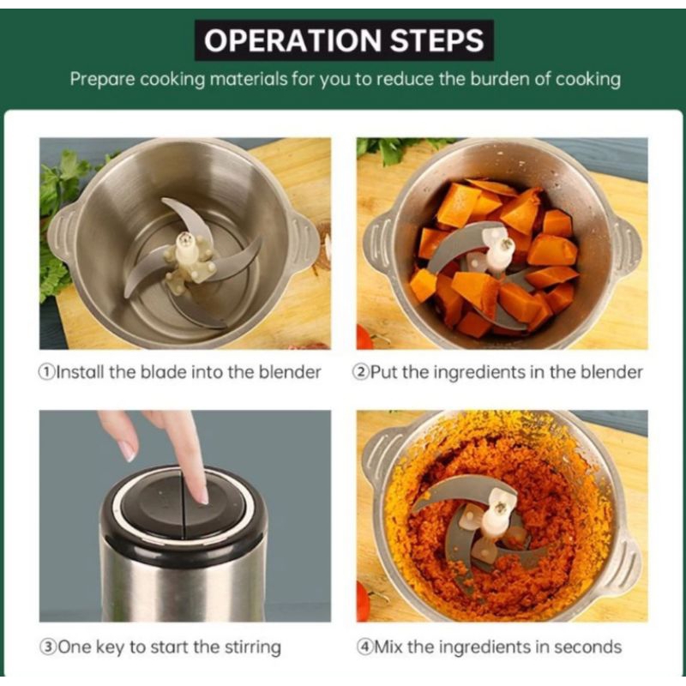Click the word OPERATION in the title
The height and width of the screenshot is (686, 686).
[x=292, y=40]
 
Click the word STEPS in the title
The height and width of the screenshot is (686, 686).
[x=436, y=40]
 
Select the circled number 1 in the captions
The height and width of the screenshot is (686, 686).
[x=47, y=372]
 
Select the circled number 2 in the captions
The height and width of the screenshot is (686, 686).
[x=360, y=372]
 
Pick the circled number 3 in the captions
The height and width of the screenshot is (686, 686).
[x=47, y=647]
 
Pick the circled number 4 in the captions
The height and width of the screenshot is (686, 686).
[x=364, y=647]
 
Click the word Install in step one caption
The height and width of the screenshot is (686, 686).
[x=81, y=372]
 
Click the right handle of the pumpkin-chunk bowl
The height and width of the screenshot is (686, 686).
[x=626, y=246]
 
